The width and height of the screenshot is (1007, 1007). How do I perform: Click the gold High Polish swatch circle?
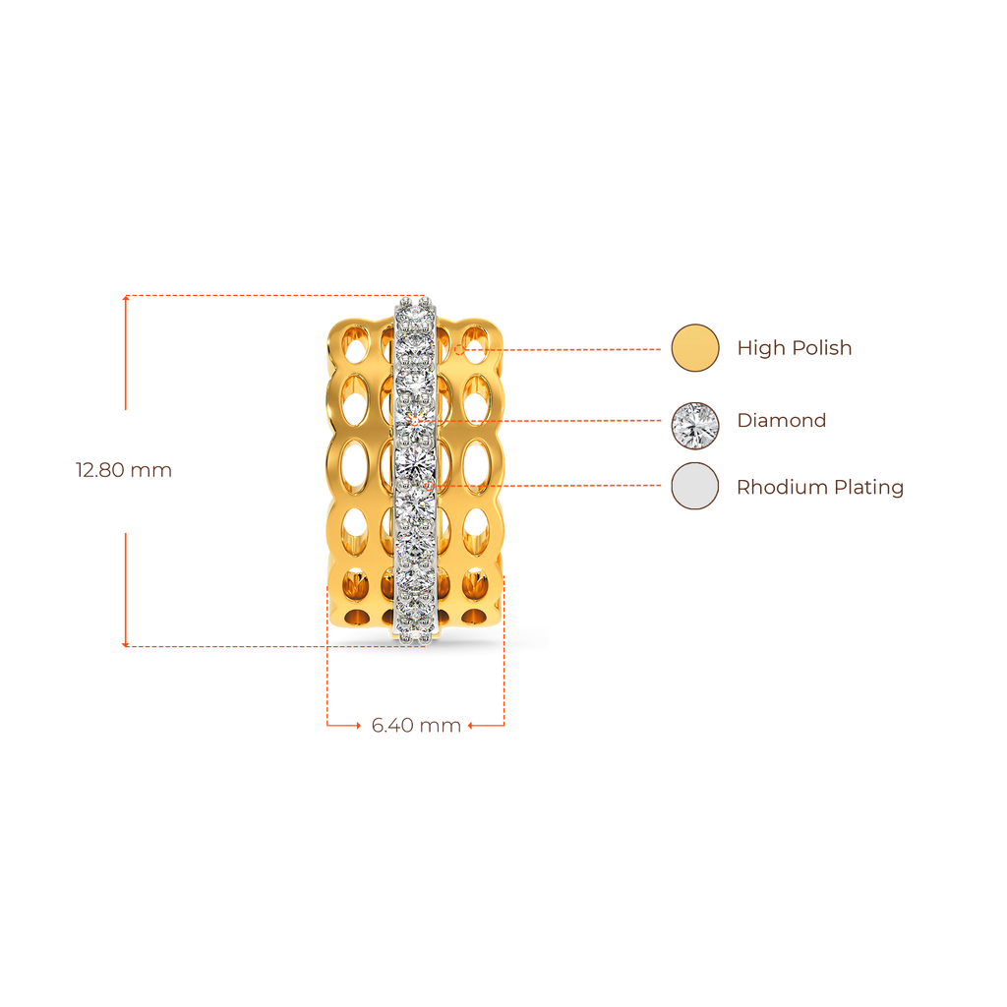(x=694, y=348)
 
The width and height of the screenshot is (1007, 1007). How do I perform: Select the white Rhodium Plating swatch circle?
(x=694, y=487)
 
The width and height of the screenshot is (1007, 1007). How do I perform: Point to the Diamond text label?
(x=782, y=421)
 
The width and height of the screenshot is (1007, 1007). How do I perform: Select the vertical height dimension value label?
(x=124, y=470)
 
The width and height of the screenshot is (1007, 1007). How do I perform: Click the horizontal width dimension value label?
(x=416, y=726)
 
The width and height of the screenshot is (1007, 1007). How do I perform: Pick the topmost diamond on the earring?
(x=414, y=307)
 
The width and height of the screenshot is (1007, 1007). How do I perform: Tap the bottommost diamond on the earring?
(x=415, y=612)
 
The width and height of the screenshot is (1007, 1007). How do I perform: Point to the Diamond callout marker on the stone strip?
(x=417, y=421)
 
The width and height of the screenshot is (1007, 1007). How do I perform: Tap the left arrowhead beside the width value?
(x=357, y=726)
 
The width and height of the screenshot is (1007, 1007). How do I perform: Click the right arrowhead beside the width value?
(x=471, y=726)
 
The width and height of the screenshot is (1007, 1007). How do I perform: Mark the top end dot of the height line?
(x=124, y=296)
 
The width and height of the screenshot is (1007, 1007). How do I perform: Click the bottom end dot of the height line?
(x=124, y=645)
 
